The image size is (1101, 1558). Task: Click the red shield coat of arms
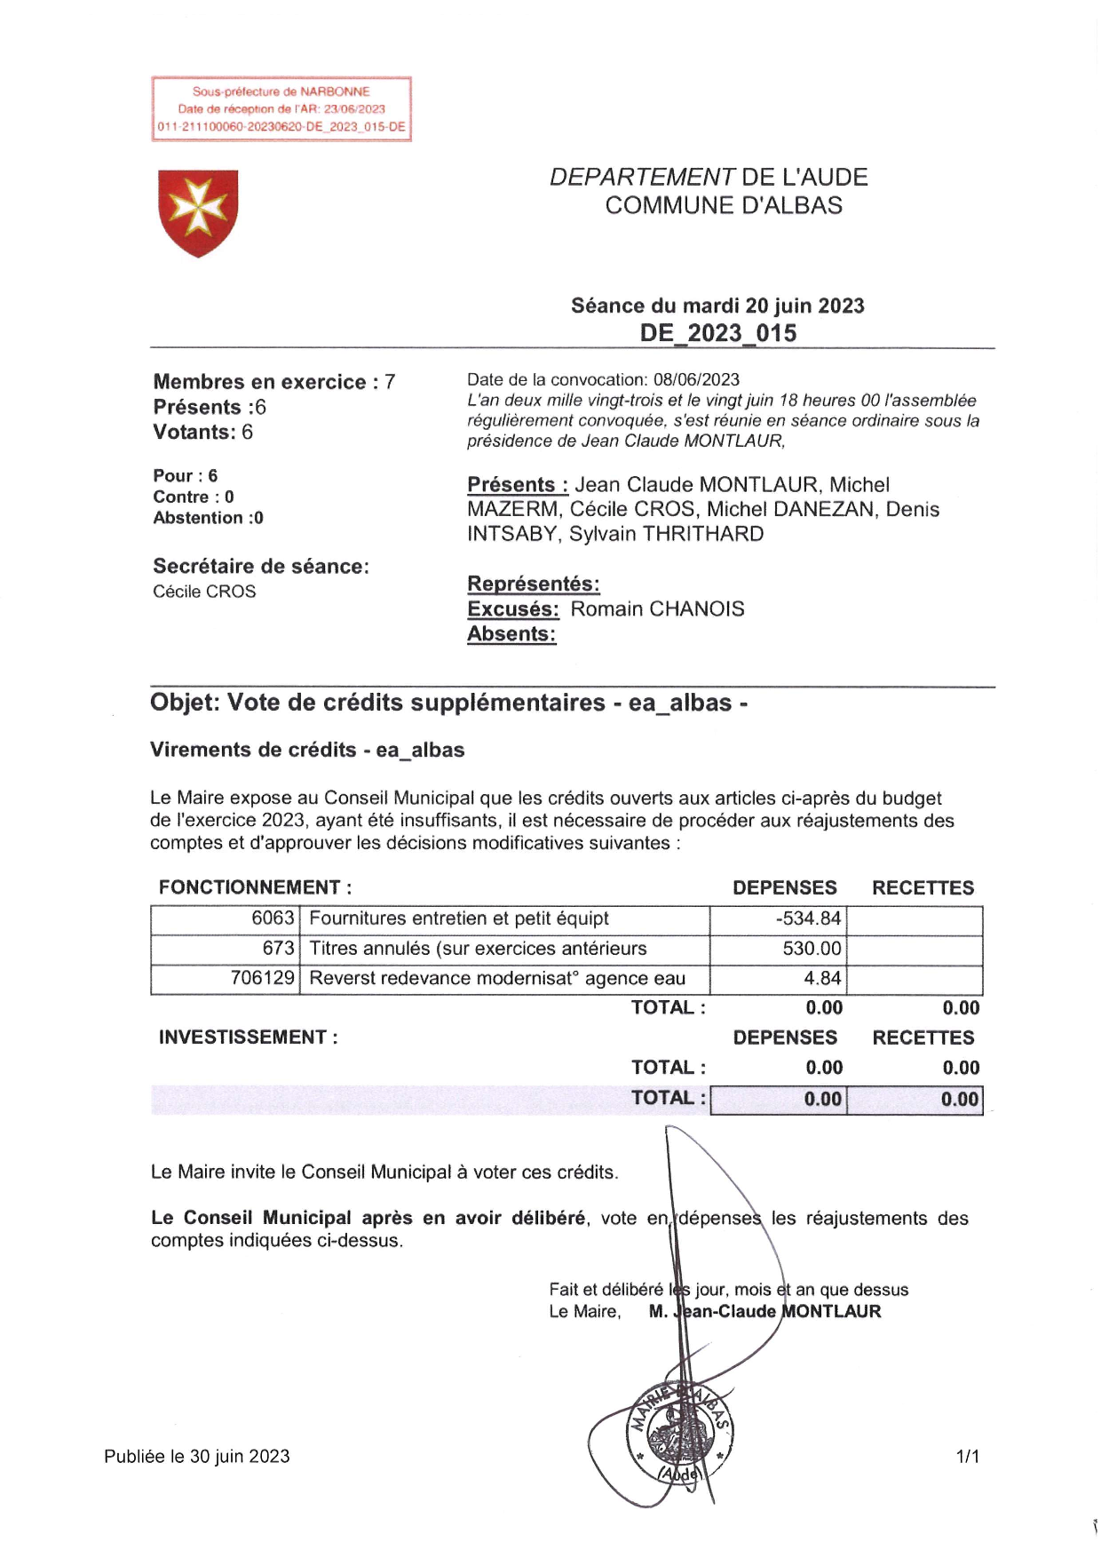(x=198, y=212)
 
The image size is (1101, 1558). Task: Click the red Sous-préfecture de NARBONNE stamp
(x=281, y=109)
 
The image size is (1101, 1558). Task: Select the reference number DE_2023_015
(x=718, y=334)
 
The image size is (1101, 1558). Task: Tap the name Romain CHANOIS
(x=657, y=609)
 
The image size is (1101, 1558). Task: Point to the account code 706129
(x=262, y=979)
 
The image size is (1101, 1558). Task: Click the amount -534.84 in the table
(x=807, y=918)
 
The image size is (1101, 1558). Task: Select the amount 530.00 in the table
(x=811, y=949)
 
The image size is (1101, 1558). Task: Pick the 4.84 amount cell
(x=822, y=979)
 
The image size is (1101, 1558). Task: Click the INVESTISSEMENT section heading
(x=248, y=1037)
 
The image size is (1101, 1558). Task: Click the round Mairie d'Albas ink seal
(x=680, y=1433)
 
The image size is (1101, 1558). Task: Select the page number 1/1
(x=967, y=1457)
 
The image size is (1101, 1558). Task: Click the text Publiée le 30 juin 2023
(x=196, y=1457)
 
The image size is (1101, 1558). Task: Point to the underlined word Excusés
(x=512, y=609)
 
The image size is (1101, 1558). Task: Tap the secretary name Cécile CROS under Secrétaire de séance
(x=204, y=592)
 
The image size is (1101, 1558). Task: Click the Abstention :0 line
(x=208, y=518)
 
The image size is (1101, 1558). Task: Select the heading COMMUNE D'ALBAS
(x=723, y=205)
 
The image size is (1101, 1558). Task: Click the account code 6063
(x=273, y=918)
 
